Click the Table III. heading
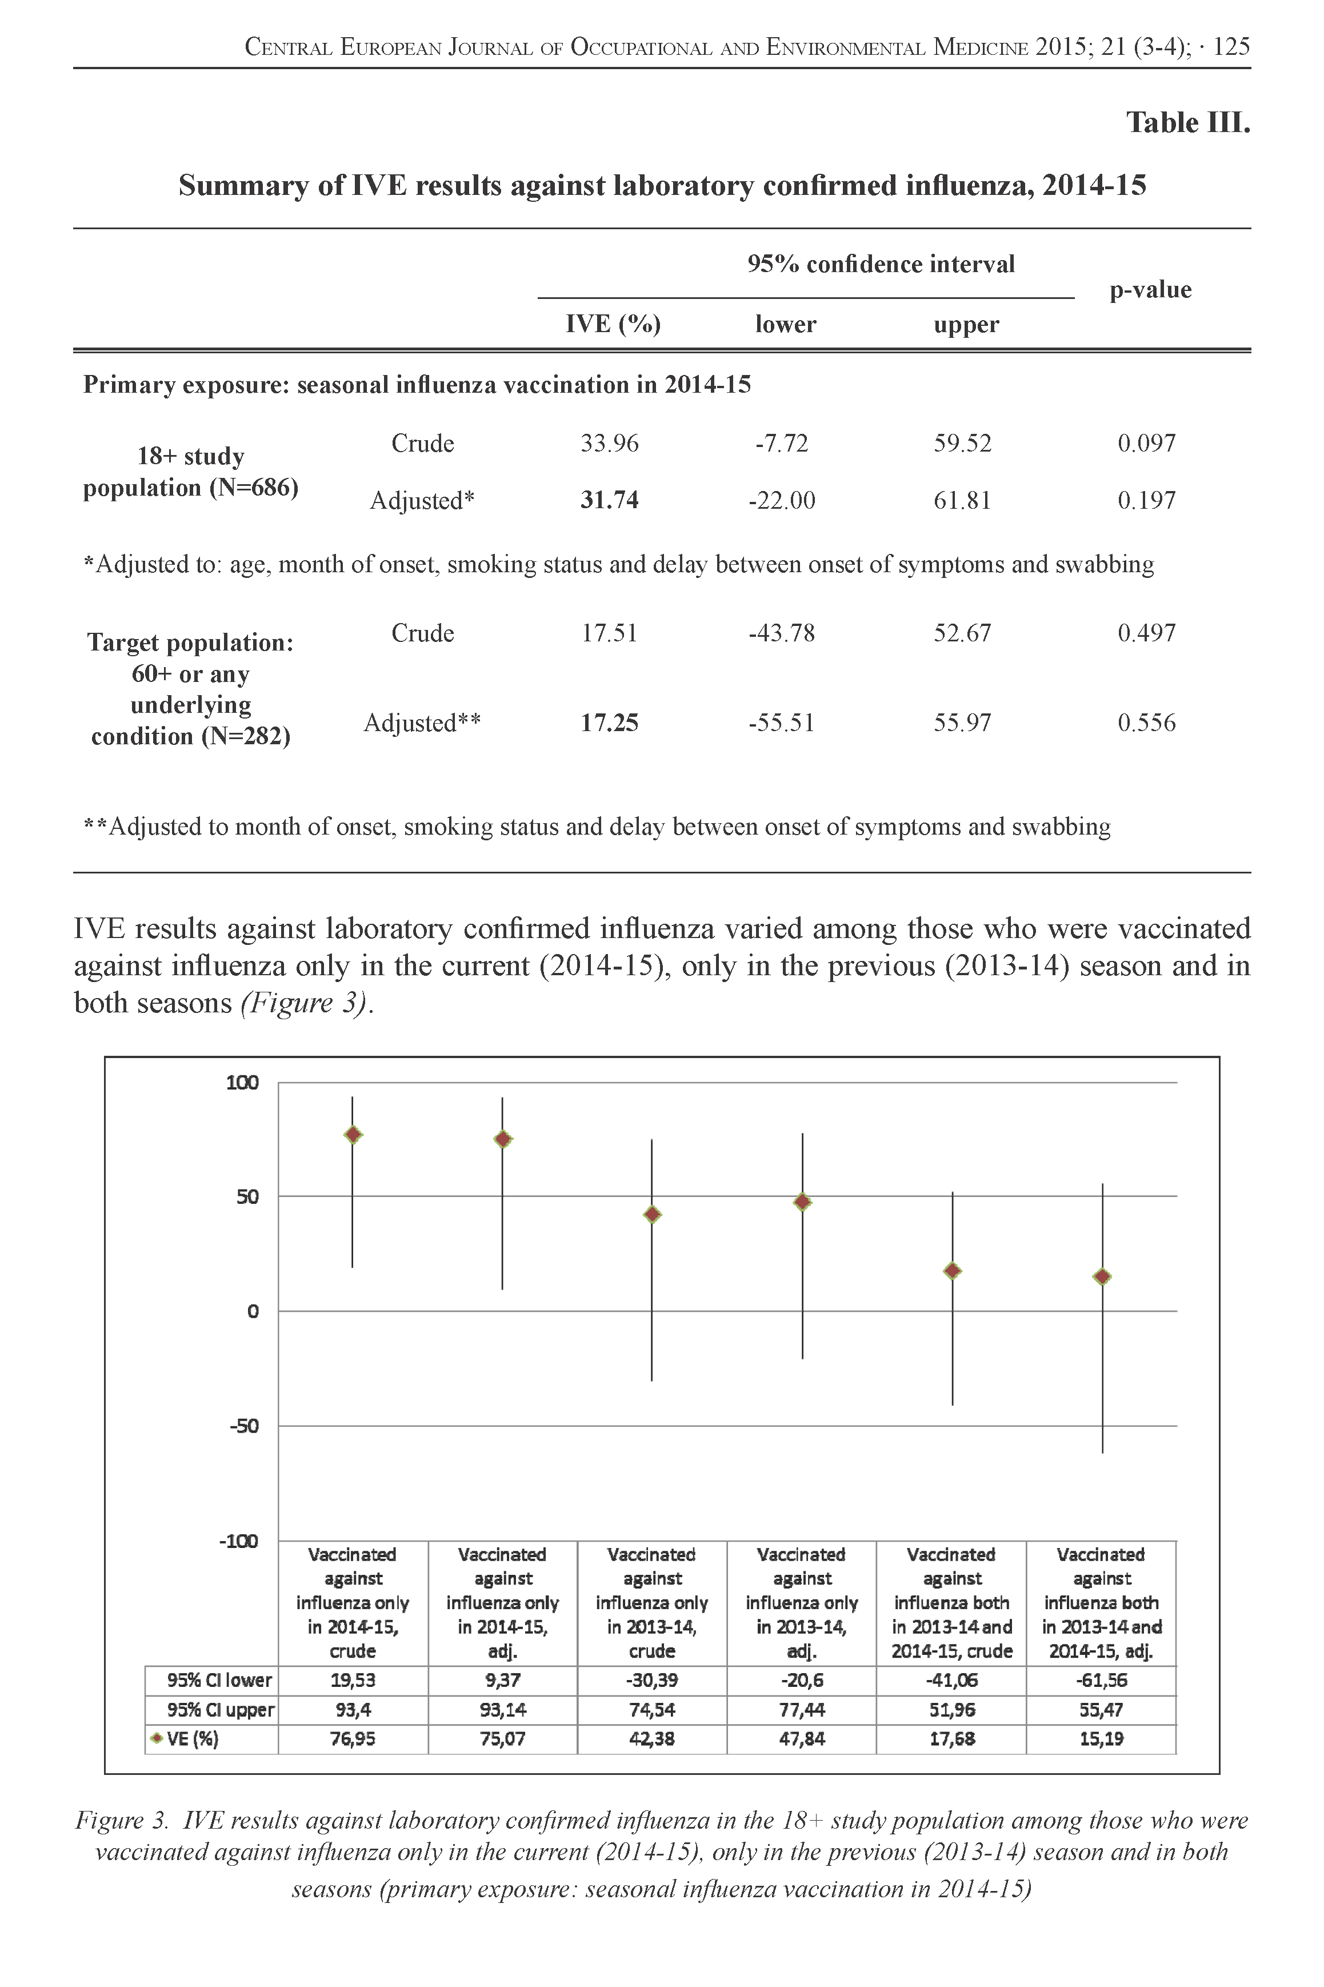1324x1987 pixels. pos(1187,123)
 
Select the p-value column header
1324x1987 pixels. pos(1150,290)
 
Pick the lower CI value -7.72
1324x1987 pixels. pos(781,444)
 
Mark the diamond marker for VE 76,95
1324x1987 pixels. pos(353,1135)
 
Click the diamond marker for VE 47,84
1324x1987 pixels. pos(802,1202)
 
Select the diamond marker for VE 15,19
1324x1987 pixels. pos(1102,1277)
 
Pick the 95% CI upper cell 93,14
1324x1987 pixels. pos(502,1710)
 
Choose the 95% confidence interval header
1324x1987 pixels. pos(881,264)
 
